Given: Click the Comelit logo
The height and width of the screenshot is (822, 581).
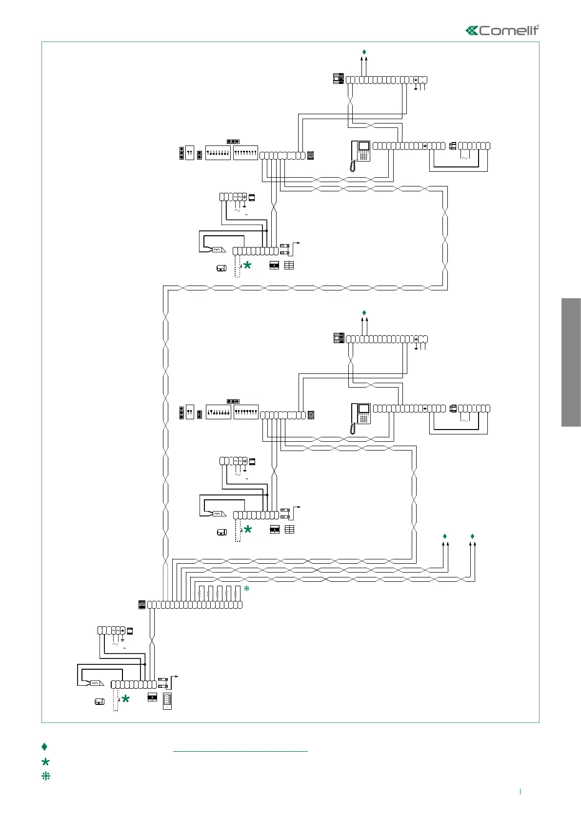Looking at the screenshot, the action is pos(502,30).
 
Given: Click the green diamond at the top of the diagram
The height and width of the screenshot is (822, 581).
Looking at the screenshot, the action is pos(364,52).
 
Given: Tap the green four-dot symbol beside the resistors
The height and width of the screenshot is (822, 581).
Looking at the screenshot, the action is pos(247,589).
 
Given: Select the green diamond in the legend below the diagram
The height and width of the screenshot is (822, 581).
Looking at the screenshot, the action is pos(44,746).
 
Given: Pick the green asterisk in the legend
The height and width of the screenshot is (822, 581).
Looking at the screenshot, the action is pos(46,761).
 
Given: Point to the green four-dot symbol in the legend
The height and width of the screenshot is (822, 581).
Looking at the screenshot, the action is pos(46,776).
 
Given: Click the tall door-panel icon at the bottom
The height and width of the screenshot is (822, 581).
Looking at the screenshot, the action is pos(167,701).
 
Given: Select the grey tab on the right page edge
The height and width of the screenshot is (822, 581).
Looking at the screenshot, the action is pos(571,362).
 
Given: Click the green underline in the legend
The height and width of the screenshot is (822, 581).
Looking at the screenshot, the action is pos(240,751).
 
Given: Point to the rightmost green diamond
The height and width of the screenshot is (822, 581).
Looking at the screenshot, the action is pos(472,536).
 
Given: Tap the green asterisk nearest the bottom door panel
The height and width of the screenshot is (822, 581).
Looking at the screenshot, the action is pos(125,699).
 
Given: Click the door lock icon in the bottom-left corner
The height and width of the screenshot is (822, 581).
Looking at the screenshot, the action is pos(99,702).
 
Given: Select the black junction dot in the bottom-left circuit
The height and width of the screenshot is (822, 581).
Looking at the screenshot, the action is pos(145,664).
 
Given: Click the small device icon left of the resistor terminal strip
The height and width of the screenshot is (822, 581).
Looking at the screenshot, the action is pos(141,605).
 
